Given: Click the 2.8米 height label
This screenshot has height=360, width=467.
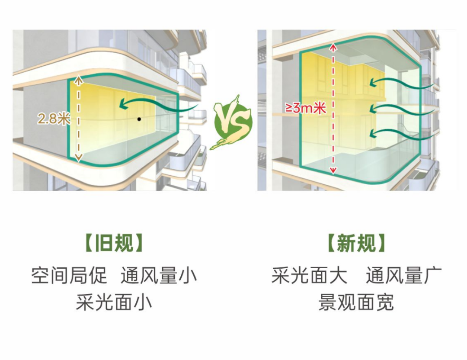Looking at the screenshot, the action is click(x=54, y=119).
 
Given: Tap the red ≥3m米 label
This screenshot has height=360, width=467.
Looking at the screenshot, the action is click(x=306, y=108).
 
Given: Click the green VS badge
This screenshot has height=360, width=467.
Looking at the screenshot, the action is click(x=233, y=123).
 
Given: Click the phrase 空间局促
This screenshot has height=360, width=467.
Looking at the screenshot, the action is click(x=69, y=275).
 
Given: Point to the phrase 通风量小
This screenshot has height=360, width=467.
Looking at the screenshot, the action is click(x=159, y=275).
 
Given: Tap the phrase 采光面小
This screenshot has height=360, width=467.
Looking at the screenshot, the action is click(x=114, y=302).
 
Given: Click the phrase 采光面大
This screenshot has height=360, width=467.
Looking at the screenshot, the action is click(x=310, y=275).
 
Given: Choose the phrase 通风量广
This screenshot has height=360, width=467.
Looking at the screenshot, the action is click(x=404, y=275).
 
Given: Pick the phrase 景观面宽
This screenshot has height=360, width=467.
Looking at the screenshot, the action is click(x=356, y=302).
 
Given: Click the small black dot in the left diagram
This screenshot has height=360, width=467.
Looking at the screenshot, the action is click(x=139, y=119).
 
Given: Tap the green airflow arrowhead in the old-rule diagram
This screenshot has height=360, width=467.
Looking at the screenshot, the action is click(x=123, y=103).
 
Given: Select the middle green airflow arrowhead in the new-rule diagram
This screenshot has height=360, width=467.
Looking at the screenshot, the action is click(x=374, y=109).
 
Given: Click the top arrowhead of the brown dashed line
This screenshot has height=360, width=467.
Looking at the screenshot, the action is click(x=78, y=80).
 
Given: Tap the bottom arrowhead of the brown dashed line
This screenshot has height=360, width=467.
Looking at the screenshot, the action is click(x=78, y=158).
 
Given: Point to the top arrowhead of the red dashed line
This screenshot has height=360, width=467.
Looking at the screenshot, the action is click(x=333, y=47).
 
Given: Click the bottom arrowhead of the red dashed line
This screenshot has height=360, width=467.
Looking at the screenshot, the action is click(x=333, y=170).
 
